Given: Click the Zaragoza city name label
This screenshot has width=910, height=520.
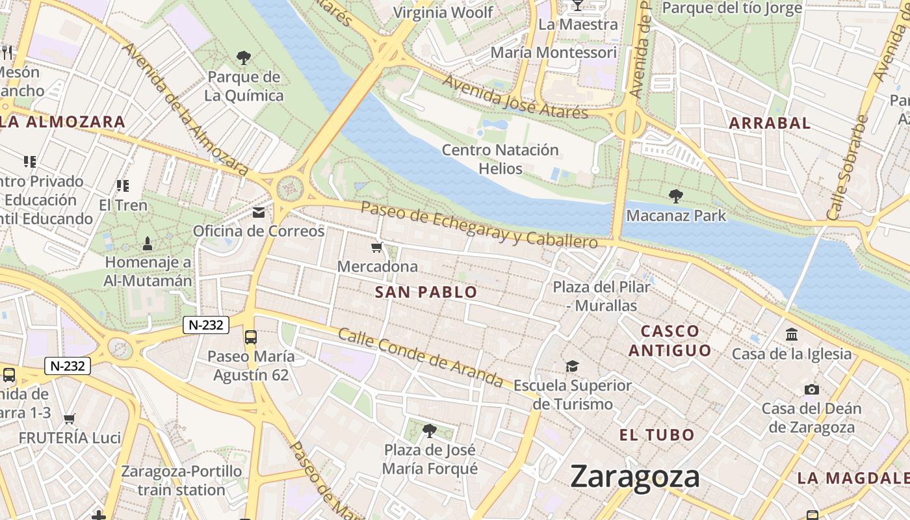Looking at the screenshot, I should [635, 476].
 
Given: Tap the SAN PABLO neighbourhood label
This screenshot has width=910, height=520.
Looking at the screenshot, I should [426, 292].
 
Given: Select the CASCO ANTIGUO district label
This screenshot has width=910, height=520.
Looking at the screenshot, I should [670, 341].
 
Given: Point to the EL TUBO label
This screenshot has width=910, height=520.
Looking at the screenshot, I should [657, 435].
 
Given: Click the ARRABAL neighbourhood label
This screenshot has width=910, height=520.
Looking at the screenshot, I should [770, 123].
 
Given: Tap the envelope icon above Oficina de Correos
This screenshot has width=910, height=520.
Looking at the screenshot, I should [259, 213].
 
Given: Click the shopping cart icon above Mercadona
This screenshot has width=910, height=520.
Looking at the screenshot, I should [377, 248].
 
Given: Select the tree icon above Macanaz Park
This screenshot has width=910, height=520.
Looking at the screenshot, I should [676, 196].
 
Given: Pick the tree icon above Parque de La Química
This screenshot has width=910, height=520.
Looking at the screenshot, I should [244, 58].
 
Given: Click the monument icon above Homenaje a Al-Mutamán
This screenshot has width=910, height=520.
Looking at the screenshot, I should [148, 244].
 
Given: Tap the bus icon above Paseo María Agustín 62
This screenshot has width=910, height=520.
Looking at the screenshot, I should [250, 337].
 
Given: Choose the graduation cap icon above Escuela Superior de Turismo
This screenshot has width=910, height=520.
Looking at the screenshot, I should [572, 366].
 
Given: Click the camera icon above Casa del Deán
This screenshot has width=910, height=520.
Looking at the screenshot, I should [811, 389].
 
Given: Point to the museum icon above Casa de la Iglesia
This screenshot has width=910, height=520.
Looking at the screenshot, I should [792, 334].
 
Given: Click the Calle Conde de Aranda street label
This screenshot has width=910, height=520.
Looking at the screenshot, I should [421, 357].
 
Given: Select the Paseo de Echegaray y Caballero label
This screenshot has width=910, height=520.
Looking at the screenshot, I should [479, 224].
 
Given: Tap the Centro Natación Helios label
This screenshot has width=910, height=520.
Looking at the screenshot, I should [500, 159].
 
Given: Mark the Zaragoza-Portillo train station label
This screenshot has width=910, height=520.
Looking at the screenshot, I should [181, 480].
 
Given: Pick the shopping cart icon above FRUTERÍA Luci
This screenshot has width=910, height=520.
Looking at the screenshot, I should [70, 419].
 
